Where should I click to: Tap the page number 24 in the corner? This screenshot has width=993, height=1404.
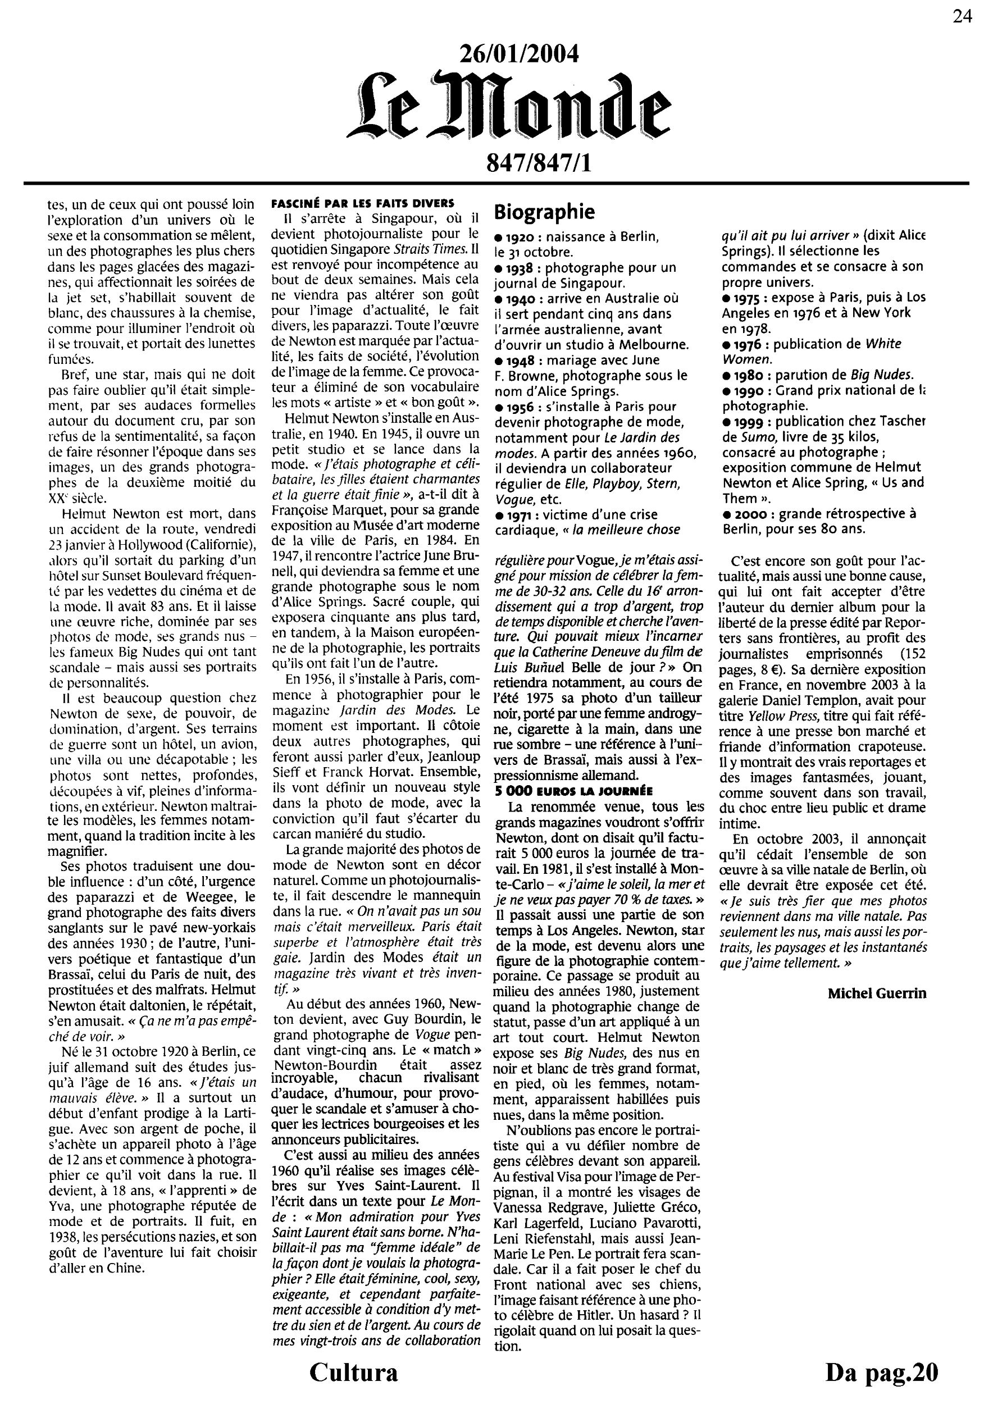[961, 16]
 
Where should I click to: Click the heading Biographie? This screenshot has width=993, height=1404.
[544, 212]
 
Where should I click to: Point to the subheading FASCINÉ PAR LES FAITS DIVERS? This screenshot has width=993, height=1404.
[363, 204]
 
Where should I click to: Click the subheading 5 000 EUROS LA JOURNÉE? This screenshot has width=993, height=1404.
[573, 791]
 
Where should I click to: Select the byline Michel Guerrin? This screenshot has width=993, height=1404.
[877, 993]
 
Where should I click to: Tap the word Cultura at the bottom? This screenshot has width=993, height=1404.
[353, 1372]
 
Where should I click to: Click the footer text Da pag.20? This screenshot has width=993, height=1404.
[881, 1372]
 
